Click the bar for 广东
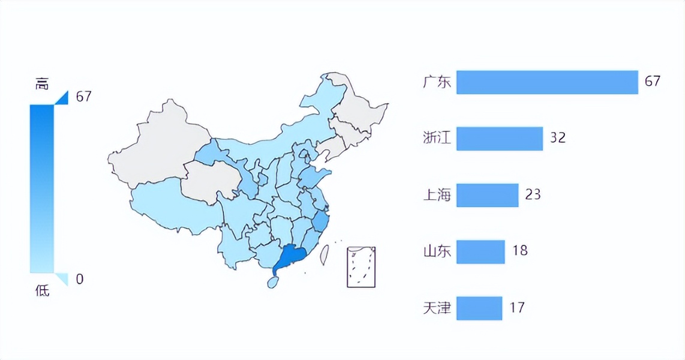pyautogui.click(x=546, y=82)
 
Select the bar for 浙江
pyautogui.click(x=499, y=139)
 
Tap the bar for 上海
pyautogui.click(x=487, y=195)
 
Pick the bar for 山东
pyautogui.click(x=480, y=251)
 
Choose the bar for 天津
pyautogui.click(x=479, y=308)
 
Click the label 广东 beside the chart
pyautogui.click(x=436, y=82)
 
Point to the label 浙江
pyautogui.click(x=436, y=139)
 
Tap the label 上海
pyautogui.click(x=436, y=195)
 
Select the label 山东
pyautogui.click(x=436, y=251)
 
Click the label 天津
pyautogui.click(x=436, y=308)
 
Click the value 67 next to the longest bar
pyautogui.click(x=652, y=81)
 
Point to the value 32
pyautogui.click(x=558, y=138)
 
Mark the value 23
pyautogui.click(x=533, y=194)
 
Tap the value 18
pyautogui.click(x=519, y=250)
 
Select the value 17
pyautogui.click(x=516, y=308)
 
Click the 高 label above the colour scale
pyautogui.click(x=41, y=85)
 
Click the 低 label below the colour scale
pyautogui.click(x=42, y=291)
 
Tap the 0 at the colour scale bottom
pyautogui.click(x=80, y=279)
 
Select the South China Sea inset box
pyautogui.click(x=361, y=266)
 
